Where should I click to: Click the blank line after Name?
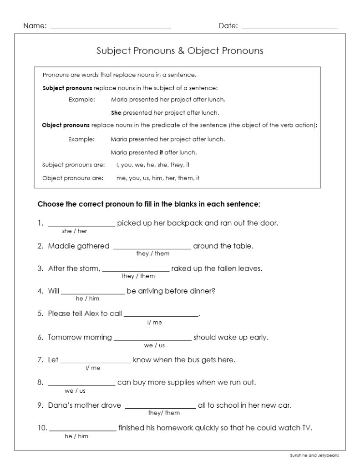tap(110, 28)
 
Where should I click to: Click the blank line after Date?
tap(289, 28)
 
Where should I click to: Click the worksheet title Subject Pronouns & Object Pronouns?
tap(180, 51)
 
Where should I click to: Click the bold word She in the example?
tap(116, 112)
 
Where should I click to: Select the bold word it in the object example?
tap(161, 152)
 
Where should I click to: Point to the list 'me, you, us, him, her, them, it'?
tap(157, 178)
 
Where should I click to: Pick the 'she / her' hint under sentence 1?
tap(75, 231)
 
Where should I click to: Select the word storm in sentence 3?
tap(89, 268)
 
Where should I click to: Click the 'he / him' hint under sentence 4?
tap(87, 299)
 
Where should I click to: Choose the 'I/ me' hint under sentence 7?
tap(93, 367)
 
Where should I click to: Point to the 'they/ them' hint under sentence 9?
tap(164, 413)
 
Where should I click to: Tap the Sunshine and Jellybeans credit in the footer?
tap(314, 455)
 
